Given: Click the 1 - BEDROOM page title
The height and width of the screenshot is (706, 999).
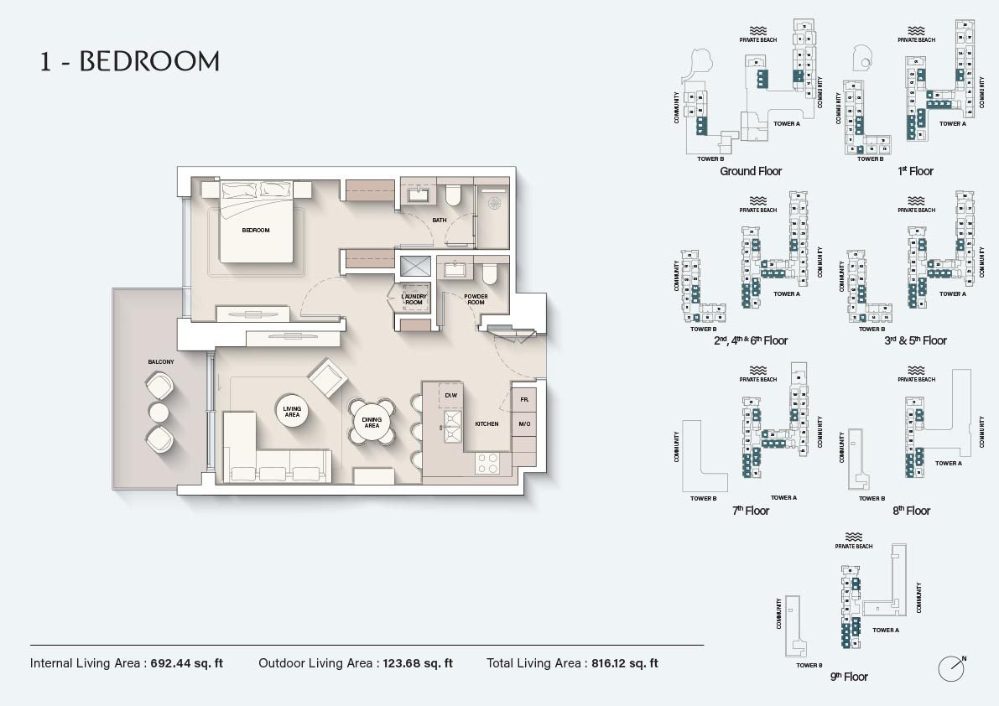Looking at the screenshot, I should (x=130, y=61).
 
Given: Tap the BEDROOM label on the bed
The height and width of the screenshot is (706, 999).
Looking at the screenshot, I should (x=255, y=230).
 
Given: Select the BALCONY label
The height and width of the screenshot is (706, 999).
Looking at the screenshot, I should (x=161, y=361).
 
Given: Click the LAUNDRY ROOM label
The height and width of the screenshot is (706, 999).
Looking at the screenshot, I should (x=414, y=298).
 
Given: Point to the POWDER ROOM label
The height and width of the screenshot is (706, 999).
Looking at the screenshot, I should (x=476, y=298).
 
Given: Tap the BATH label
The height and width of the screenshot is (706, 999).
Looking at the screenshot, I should (x=439, y=221).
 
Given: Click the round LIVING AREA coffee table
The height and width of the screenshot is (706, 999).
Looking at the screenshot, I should (x=292, y=411).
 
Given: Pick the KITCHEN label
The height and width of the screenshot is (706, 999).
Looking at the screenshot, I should (x=486, y=424).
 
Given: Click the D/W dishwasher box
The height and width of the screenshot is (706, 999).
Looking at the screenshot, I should (x=450, y=395).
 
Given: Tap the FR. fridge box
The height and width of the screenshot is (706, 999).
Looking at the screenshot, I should (x=523, y=401).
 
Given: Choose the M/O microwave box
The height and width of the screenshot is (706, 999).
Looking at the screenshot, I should (x=523, y=424).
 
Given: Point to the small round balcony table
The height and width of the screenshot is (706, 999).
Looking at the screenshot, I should (x=159, y=412).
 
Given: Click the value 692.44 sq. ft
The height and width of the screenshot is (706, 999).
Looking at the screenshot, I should (x=187, y=663).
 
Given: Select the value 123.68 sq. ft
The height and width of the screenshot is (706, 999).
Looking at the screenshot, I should (x=417, y=663).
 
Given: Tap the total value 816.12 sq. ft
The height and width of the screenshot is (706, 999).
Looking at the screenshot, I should (x=623, y=663).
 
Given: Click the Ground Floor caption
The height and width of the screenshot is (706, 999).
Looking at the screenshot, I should (x=751, y=171).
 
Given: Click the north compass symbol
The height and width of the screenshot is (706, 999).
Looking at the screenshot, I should (x=951, y=668).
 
